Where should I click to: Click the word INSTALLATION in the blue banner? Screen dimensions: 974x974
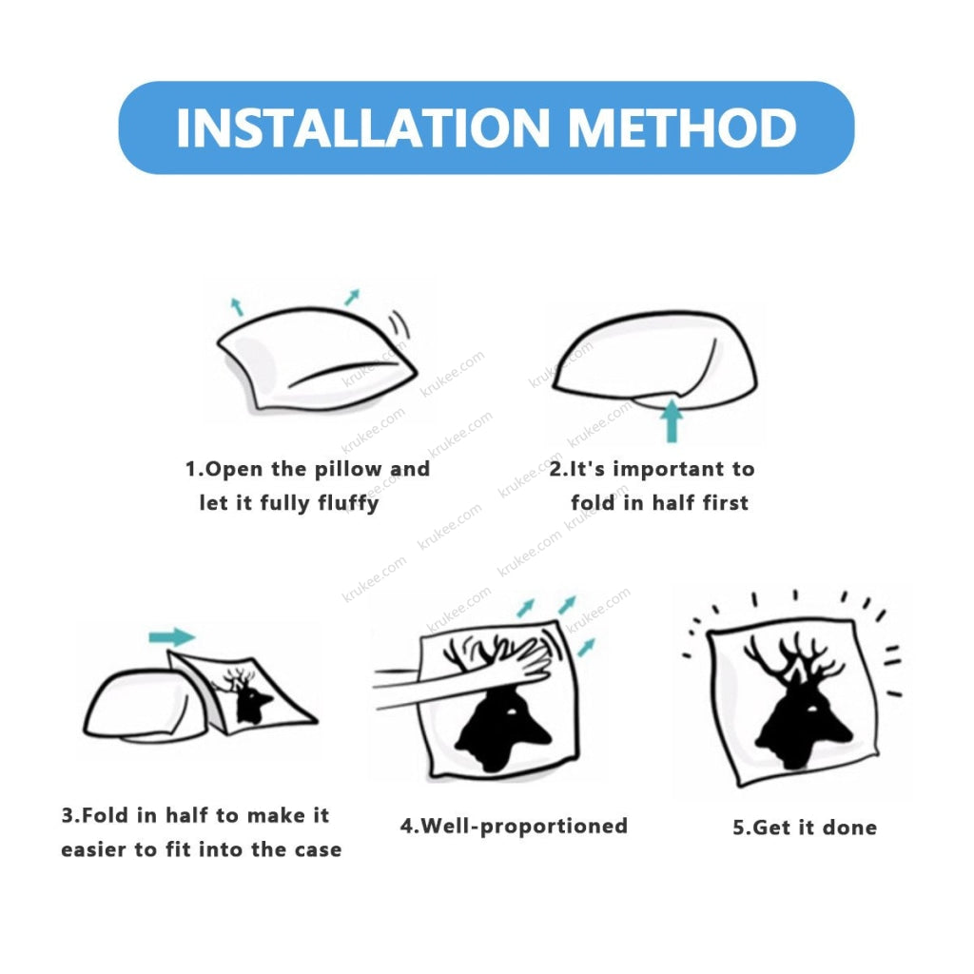coord(363,128)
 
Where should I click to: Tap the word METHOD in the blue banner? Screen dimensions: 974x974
coord(682,128)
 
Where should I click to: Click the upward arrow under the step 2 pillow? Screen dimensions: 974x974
coord(671,421)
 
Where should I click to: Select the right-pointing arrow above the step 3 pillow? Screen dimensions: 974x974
coord(172,636)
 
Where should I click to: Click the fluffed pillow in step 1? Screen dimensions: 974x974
coord(317,359)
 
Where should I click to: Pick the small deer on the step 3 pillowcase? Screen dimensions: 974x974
coord(245,695)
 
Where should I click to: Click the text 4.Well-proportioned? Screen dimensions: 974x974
coord(514,827)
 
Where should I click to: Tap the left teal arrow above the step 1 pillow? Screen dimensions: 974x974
coord(237,306)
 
